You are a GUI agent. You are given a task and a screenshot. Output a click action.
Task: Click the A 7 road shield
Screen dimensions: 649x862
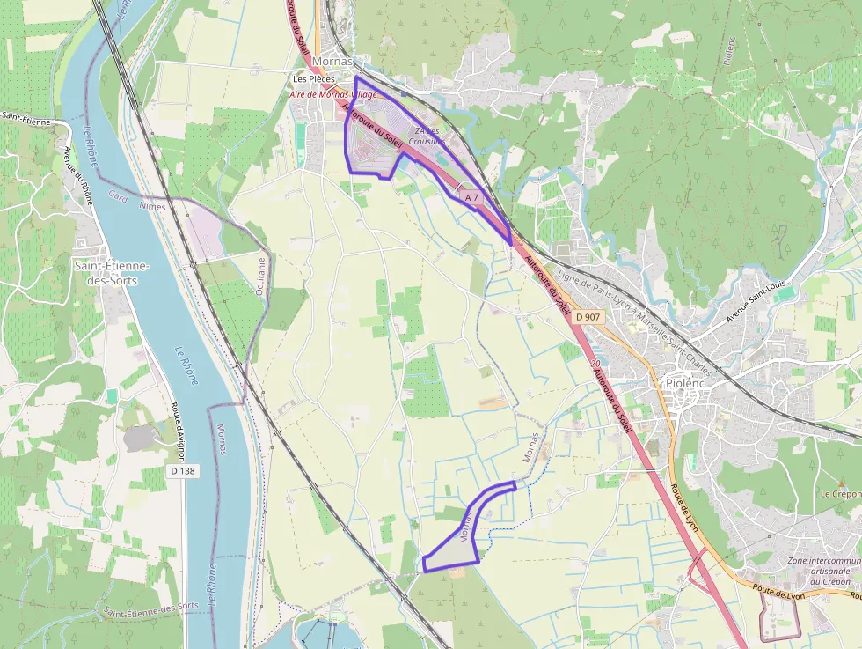click(472, 197)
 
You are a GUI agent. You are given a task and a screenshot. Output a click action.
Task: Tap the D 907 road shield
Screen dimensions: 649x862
click(588, 316)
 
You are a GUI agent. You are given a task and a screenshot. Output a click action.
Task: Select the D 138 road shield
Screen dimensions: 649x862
click(181, 471)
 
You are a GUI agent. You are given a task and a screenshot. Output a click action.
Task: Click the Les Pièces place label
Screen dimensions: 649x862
click(313, 78)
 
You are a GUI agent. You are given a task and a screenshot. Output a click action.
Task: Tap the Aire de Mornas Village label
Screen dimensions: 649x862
click(334, 93)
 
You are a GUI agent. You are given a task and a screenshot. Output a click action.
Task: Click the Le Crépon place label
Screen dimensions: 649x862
click(840, 494)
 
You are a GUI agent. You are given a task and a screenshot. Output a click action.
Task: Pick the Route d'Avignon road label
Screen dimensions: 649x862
click(179, 432)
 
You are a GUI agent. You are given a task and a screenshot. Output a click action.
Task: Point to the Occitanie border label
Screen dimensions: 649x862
click(261, 277)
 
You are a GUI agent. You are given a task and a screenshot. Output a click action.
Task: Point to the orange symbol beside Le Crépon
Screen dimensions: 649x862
click(842, 483)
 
